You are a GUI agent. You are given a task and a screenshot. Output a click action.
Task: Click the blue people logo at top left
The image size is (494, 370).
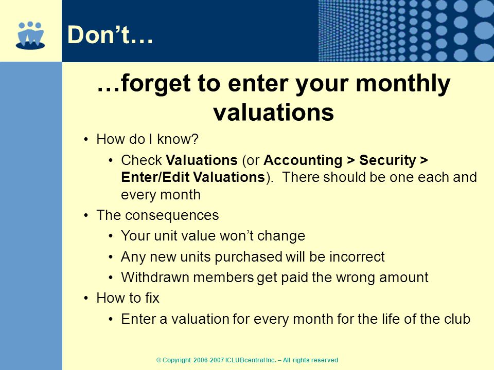[30, 35]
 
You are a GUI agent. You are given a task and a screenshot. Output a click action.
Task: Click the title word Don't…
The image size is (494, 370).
[110, 34]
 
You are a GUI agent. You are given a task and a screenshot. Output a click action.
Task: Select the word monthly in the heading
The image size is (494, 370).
[403, 84]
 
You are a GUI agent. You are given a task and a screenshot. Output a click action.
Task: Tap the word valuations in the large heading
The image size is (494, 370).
[273, 113]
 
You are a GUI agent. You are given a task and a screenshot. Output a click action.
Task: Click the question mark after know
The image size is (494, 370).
[195, 139]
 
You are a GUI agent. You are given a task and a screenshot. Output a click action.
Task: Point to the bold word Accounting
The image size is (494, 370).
[303, 160]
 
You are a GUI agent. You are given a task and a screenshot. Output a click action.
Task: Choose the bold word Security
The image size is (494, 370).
[387, 160]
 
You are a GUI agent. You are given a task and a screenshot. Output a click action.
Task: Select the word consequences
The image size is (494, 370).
[171, 215]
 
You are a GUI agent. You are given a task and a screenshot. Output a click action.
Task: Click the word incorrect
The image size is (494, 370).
[357, 257]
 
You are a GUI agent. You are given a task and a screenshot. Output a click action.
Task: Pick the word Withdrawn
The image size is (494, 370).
[155, 277]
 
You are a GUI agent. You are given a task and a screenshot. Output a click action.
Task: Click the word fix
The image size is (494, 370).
[152, 298]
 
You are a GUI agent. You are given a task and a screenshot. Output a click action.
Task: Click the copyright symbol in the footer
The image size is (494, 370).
[159, 360]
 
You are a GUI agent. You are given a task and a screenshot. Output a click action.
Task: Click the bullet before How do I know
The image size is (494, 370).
[86, 139]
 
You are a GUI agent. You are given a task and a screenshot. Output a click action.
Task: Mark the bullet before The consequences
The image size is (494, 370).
[86, 215]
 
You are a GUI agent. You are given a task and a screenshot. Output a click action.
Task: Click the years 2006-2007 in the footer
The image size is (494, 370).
[208, 360]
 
